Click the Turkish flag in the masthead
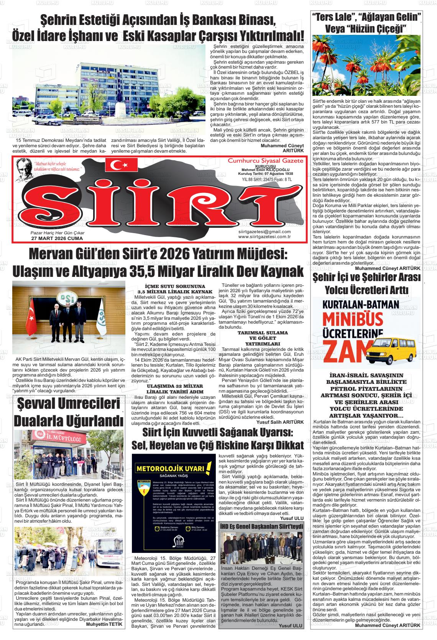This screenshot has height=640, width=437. click(124, 165)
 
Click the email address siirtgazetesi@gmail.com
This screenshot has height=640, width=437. click(264, 232)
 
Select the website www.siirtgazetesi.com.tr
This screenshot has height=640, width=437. click(264, 237)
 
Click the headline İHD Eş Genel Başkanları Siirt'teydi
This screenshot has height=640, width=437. click(261, 526)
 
